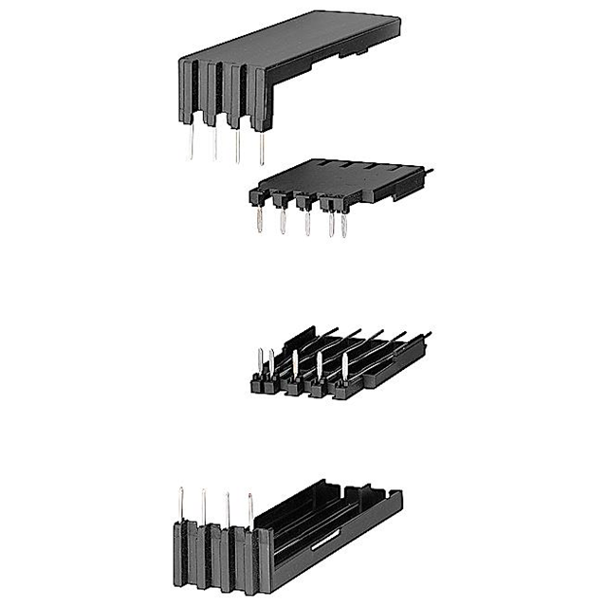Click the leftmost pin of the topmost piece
[x=192, y=142]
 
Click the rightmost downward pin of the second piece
[x=343, y=225]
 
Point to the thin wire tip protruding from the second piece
[x=427, y=172]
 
